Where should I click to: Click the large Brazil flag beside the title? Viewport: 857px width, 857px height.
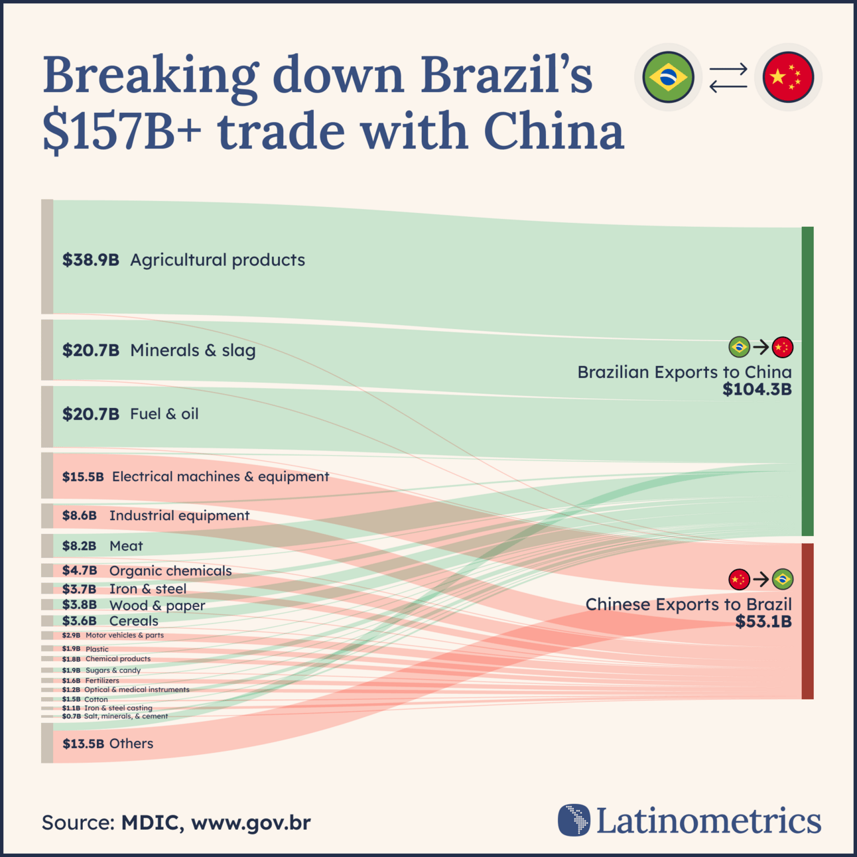pyautogui.click(x=668, y=77)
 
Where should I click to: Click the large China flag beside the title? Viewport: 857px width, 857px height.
pyautogui.click(x=788, y=77)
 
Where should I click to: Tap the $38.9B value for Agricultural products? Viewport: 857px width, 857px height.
pyautogui.click(x=91, y=260)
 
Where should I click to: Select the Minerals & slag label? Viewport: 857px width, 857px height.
pyautogui.click(x=192, y=350)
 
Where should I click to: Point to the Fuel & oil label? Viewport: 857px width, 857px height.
pyautogui.click(x=164, y=414)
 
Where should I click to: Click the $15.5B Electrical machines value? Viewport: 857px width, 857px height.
pyautogui.click(x=83, y=477)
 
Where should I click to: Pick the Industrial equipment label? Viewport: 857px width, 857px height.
pyautogui.click(x=179, y=515)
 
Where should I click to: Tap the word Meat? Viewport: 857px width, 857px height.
pyautogui.click(x=126, y=546)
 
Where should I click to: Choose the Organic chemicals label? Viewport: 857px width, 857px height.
pyautogui.click(x=170, y=570)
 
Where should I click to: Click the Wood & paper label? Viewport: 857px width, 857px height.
pyautogui.click(x=157, y=605)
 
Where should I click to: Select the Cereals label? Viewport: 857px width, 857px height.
pyautogui.click(x=134, y=621)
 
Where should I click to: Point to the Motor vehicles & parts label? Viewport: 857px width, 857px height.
pyautogui.click(x=125, y=635)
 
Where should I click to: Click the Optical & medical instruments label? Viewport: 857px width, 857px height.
pyautogui.click(x=137, y=690)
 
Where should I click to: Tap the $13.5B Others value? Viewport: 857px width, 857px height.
pyautogui.click(x=83, y=744)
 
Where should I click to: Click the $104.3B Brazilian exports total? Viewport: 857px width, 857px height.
pyautogui.click(x=757, y=389)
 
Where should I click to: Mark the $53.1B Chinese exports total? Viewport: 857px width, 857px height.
pyautogui.click(x=763, y=622)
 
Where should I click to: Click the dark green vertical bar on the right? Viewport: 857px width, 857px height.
pyautogui.click(x=807, y=381)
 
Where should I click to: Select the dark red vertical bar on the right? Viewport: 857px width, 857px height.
pyautogui.click(x=807, y=621)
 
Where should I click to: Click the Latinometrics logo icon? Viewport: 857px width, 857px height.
pyautogui.click(x=574, y=820)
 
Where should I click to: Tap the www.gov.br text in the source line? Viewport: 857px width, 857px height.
pyautogui.click(x=251, y=823)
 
